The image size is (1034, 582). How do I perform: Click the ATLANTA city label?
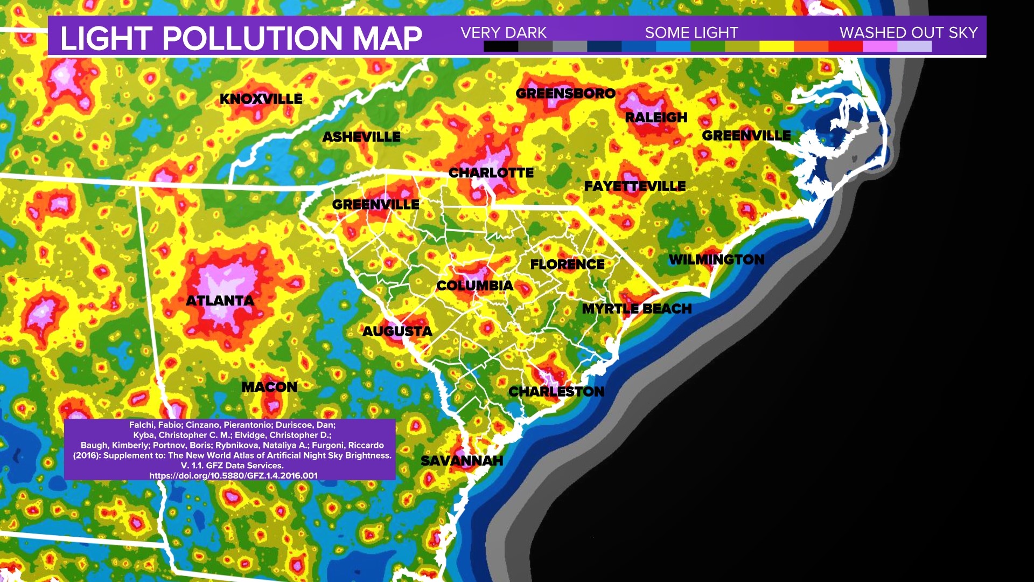coord(220,301)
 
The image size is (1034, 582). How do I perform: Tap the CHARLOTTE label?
coord(491,173)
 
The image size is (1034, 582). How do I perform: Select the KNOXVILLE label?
coord(261,99)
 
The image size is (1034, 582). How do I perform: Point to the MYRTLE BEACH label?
coord(637,309)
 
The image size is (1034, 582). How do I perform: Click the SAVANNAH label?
coord(462,461)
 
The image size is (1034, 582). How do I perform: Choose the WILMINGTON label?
coord(716,260)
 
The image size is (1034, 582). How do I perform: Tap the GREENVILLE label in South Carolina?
coord(375,205)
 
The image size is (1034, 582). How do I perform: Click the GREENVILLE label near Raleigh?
coord(746,136)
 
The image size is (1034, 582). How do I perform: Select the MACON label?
coord(269,387)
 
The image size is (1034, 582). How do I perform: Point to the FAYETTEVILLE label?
coord(635,186)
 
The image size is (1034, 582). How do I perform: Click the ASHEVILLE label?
coord(361,137)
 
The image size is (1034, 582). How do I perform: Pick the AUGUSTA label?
coord(397,331)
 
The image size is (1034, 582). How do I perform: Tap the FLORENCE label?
coord(567,265)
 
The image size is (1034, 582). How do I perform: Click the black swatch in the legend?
coord(500,47)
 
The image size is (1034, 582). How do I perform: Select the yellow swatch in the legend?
coord(776,47)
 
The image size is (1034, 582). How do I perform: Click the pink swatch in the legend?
coord(879,47)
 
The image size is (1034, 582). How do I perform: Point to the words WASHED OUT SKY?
coord(909,33)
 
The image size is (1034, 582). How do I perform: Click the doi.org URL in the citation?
coord(233,475)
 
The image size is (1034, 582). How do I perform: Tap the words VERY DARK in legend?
coord(504,33)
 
